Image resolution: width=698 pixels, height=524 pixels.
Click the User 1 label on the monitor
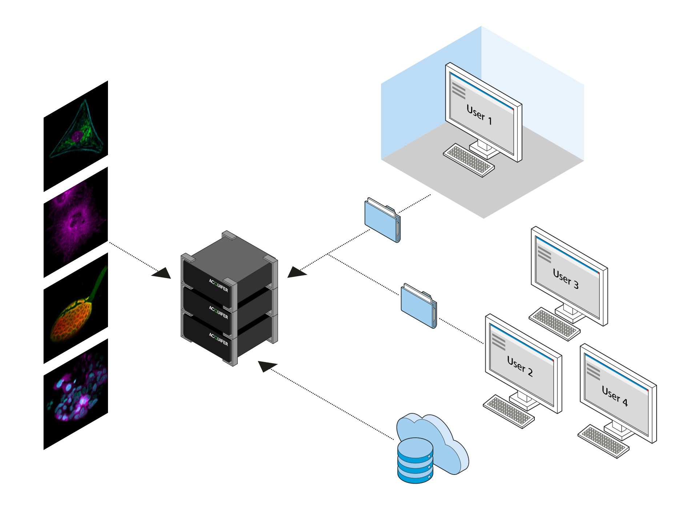pos(479,115)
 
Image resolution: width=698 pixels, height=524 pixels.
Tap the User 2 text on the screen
pos(520,366)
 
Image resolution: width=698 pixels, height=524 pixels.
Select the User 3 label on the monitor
pos(566,279)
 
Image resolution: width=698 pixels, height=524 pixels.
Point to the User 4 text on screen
pos(615,396)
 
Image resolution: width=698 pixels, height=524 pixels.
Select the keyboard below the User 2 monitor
pos(509,411)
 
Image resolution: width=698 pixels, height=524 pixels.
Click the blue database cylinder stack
pos(415,461)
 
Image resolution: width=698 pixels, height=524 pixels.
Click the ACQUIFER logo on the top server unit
pos(218,286)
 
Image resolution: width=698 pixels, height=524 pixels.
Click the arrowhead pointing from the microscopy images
pos(162,273)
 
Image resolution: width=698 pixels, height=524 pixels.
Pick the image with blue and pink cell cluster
pos(76,395)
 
